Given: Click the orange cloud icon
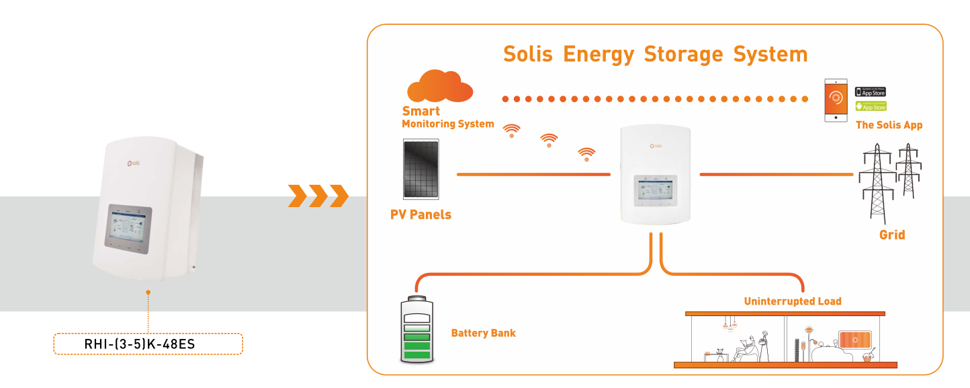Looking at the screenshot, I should coord(440,86).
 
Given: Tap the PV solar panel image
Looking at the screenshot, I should coord(421,169).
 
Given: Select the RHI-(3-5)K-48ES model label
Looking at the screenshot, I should coord(148,344).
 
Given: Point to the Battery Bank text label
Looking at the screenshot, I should coord(483,333).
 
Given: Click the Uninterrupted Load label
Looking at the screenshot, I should coord(792,301).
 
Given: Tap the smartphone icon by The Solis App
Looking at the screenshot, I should coord(836,100).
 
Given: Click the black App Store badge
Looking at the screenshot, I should coord(871,91).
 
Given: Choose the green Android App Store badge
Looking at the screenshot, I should coord(871,106).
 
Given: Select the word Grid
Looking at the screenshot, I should coord(892,235).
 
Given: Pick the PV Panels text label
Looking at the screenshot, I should coord(421,215).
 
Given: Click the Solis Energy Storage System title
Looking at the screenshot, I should coord(655,54).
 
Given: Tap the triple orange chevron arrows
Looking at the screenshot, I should coord(318,196).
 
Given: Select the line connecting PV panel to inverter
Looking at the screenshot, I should coord(533,175).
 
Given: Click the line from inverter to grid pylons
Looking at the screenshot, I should coord(776,175).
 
